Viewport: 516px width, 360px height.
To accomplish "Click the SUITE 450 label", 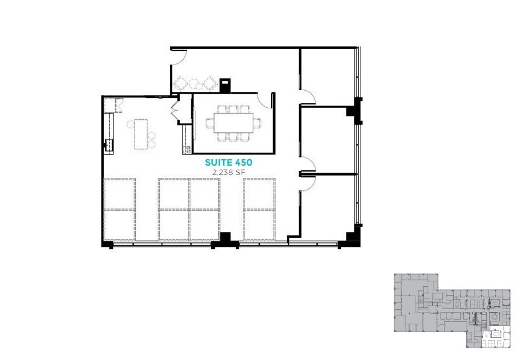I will (x=228, y=162).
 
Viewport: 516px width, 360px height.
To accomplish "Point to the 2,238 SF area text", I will (x=228, y=172).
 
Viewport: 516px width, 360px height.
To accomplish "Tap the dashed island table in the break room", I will (x=140, y=134).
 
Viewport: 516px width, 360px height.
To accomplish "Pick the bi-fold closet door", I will (x=174, y=111).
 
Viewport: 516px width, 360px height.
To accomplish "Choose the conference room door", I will (x=267, y=100).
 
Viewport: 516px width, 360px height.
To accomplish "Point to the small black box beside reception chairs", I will (x=226, y=85).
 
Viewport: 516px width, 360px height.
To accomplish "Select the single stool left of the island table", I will (x=130, y=124).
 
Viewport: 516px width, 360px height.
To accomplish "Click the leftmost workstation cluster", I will (x=120, y=209).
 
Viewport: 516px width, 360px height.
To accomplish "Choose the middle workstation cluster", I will (x=189, y=209).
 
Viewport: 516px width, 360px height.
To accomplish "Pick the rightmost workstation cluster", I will (x=259, y=209).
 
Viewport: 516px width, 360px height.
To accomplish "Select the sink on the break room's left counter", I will (x=108, y=144).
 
